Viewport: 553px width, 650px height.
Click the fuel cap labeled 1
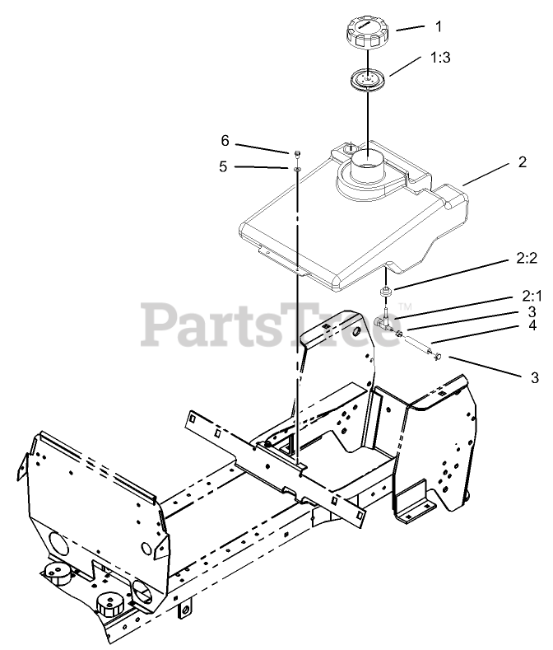pos(367,36)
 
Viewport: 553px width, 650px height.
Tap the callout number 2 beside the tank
pos(521,162)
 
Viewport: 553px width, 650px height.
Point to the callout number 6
pos(225,141)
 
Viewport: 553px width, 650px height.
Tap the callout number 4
pos(532,325)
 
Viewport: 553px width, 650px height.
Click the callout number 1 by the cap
pos(438,26)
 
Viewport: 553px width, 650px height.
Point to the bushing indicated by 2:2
pos(384,292)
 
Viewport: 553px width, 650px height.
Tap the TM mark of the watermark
pos(404,307)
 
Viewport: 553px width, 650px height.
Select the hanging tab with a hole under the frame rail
pos(184,610)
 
